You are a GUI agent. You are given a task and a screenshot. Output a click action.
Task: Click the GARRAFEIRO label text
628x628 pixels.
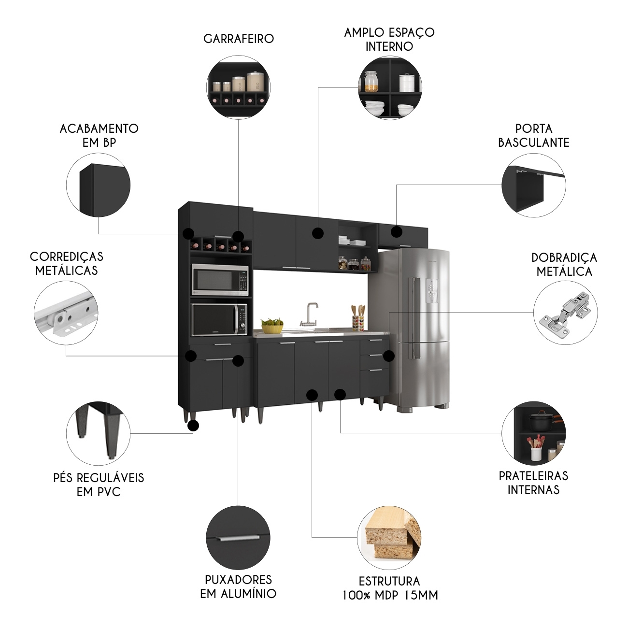coord(239,39)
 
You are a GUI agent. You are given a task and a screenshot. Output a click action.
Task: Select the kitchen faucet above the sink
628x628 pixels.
coord(310,314)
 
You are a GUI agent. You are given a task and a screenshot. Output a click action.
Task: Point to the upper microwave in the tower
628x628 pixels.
coord(220,279)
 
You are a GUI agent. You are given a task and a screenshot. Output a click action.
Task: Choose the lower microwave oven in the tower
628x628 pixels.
coord(220,320)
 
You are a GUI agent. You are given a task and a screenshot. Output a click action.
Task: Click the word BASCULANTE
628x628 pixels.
coord(533,143)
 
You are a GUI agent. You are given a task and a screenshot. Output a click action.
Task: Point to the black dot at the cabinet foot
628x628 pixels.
coord(193,426)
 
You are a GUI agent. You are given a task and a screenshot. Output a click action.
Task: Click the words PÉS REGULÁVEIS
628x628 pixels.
coord(99,478)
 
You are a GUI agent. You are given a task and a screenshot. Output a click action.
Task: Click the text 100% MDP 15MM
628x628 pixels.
coord(390,595)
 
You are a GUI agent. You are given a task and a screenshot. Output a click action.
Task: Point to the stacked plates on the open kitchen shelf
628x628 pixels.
coord(344,240)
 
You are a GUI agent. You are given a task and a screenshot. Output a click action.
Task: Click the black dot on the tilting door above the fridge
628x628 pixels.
coord(396,232)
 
